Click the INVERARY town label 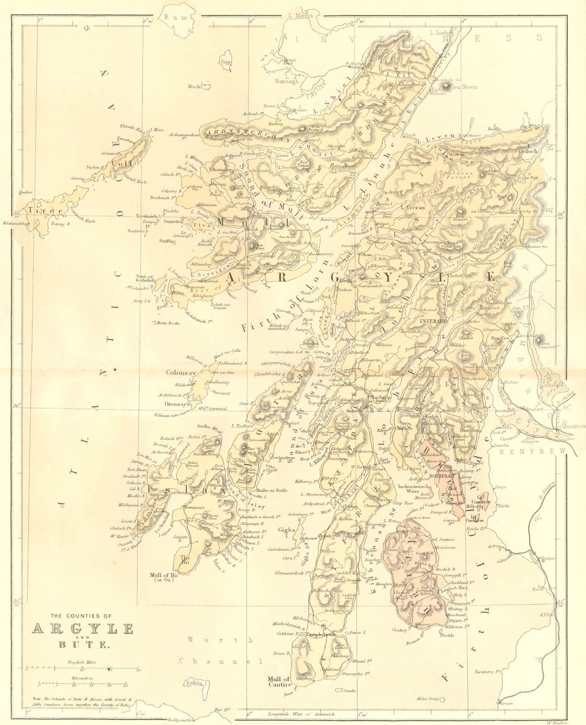434,320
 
